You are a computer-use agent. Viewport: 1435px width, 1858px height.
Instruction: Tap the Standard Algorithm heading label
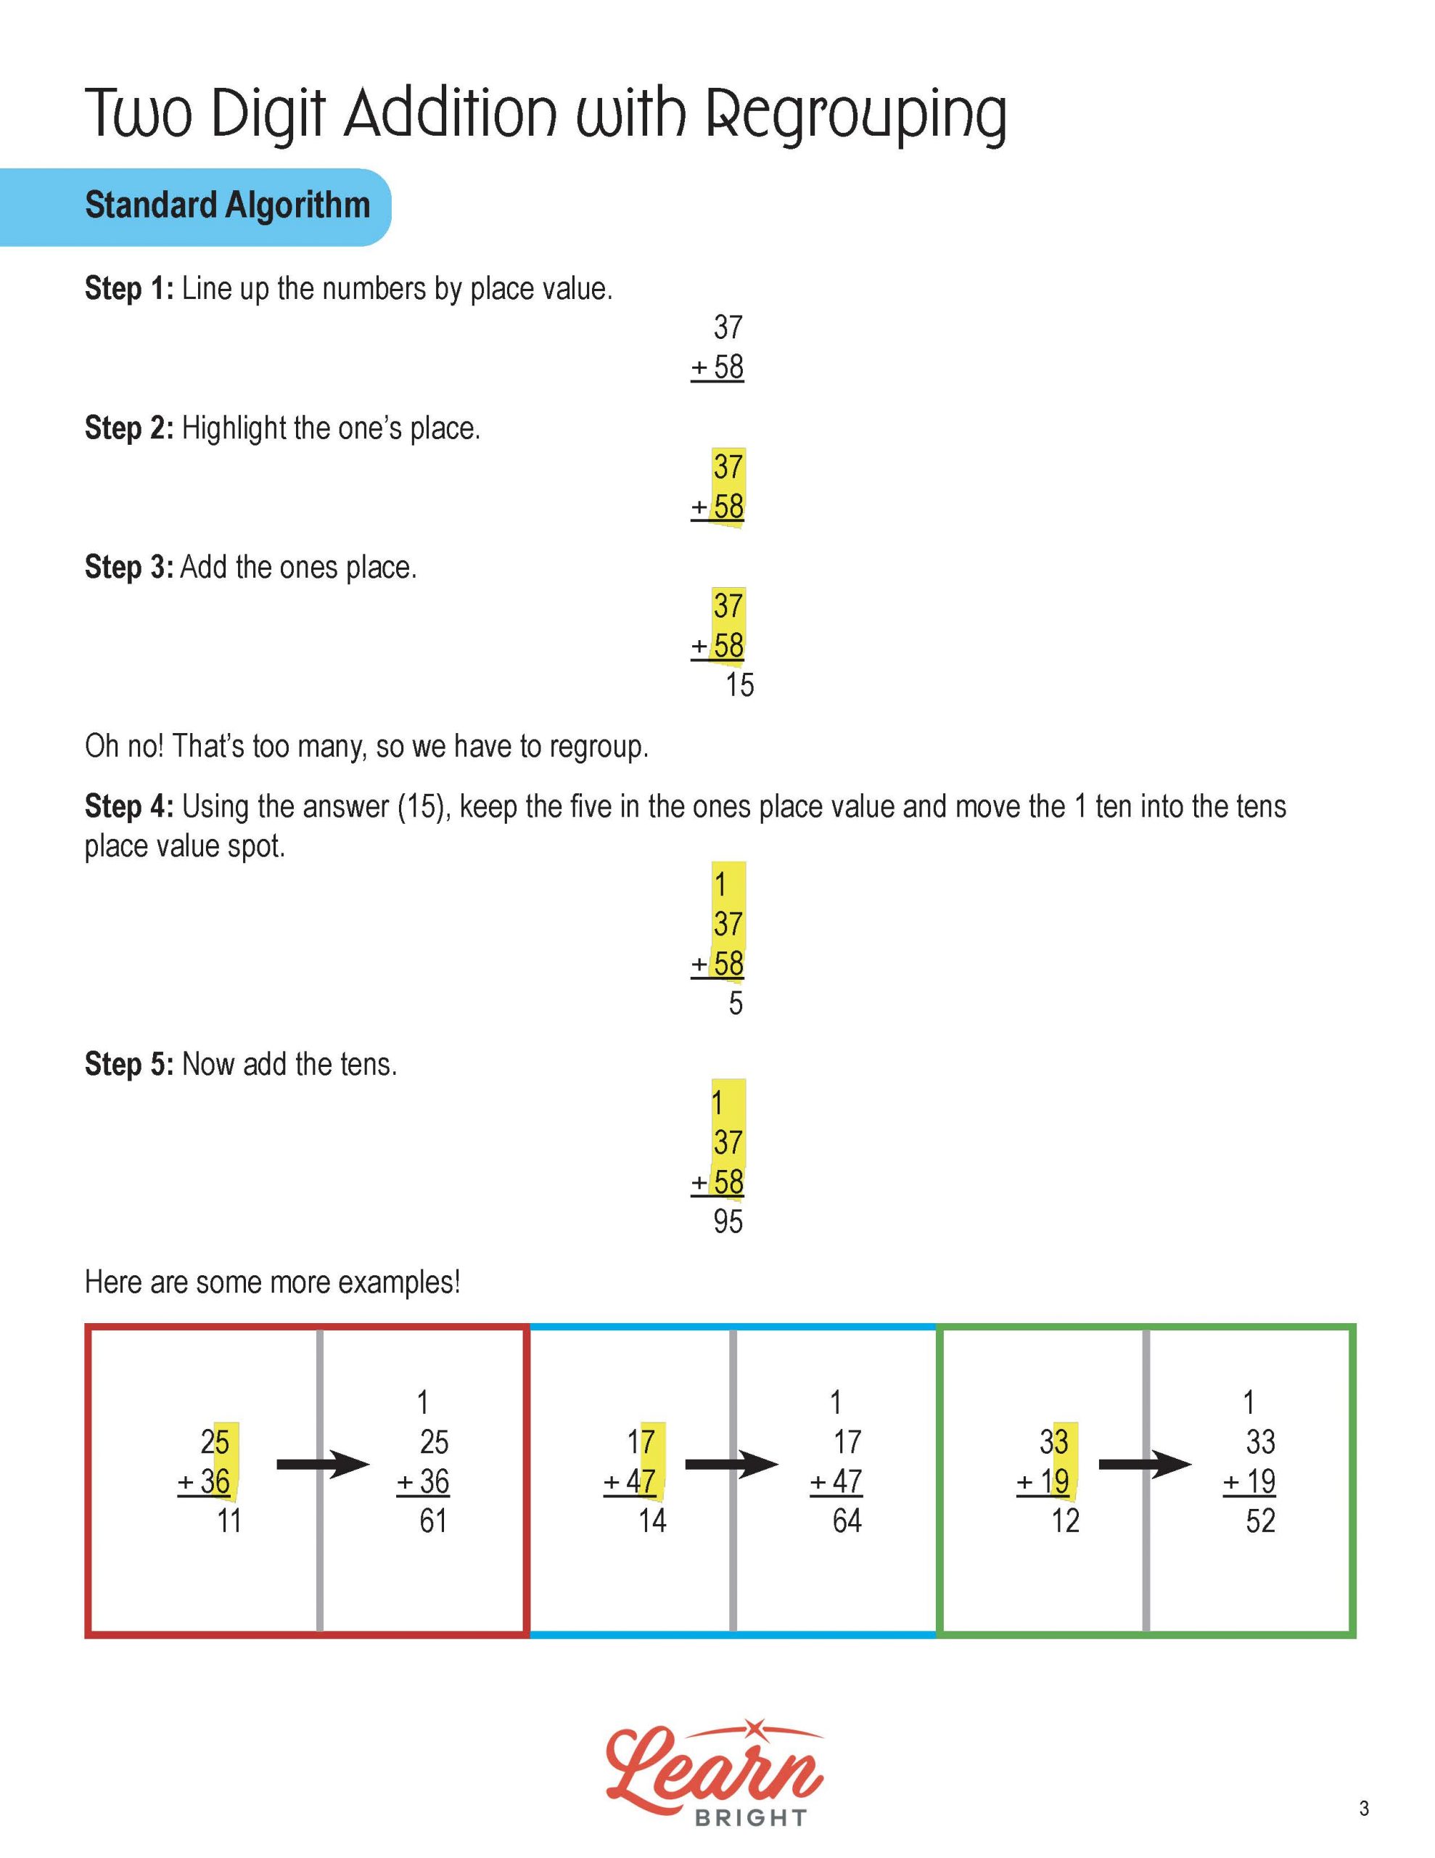coord(227,206)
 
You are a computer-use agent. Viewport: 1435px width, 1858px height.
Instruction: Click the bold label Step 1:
coord(129,290)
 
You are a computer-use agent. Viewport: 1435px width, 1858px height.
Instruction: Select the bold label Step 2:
coord(129,428)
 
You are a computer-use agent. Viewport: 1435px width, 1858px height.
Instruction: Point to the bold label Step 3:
coord(129,568)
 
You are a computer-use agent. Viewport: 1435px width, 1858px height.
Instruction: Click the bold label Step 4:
coord(129,806)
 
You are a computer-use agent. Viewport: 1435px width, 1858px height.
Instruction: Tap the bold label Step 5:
coord(129,1064)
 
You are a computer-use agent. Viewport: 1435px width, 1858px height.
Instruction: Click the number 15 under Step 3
coord(739,686)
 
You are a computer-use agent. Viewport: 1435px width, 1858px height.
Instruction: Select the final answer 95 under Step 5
coord(728,1221)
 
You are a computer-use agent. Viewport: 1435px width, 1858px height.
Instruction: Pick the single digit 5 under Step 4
coord(736,1004)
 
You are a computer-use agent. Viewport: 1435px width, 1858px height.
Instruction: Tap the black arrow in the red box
coord(324,1464)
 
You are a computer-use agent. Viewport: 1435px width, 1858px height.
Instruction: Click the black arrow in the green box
coord(1145,1464)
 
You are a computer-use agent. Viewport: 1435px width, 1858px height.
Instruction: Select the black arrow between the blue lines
coord(731,1464)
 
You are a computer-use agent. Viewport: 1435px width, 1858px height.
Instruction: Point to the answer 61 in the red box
coord(433,1521)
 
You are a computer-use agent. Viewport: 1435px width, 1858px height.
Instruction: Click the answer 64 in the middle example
coord(847,1521)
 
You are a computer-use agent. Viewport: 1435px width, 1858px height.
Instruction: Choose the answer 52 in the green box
coord(1259,1521)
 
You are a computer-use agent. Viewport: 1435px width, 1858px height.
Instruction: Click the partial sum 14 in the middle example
coord(652,1521)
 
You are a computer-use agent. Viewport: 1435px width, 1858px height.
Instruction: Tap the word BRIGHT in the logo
coord(750,1818)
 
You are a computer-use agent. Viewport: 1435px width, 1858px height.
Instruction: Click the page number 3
coord(1364,1808)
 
